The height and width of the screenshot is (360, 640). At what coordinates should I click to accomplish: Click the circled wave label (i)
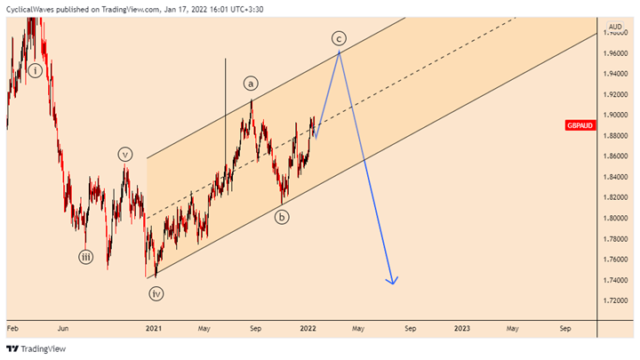35,70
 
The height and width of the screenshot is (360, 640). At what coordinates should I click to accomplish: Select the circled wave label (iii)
86,259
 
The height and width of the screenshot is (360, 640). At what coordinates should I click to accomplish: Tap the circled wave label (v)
125,154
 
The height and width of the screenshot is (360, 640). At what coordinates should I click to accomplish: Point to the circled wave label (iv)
156,292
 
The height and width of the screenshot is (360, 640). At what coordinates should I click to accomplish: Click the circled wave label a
251,84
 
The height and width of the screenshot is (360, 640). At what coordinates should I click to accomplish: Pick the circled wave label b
282,217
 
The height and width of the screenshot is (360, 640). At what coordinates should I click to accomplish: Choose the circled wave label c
339,37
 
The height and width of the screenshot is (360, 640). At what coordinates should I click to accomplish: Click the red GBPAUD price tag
580,125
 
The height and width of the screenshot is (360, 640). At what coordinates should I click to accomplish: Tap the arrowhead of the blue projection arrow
391,282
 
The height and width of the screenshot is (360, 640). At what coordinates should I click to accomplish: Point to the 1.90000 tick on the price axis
615,115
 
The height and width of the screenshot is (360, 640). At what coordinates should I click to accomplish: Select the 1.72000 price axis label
615,300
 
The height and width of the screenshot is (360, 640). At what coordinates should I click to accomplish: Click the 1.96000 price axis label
615,53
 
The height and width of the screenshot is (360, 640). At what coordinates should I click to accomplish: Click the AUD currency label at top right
614,27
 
